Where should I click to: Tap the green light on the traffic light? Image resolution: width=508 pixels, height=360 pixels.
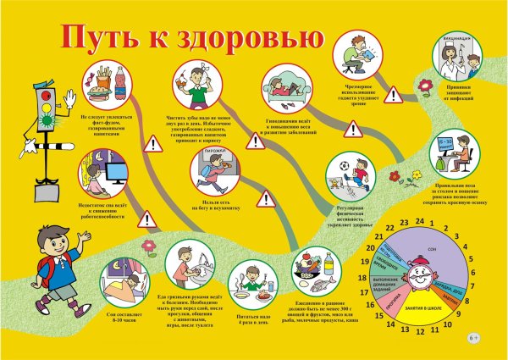(43, 121)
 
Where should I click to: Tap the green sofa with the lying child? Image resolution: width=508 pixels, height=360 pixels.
(289, 90)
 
